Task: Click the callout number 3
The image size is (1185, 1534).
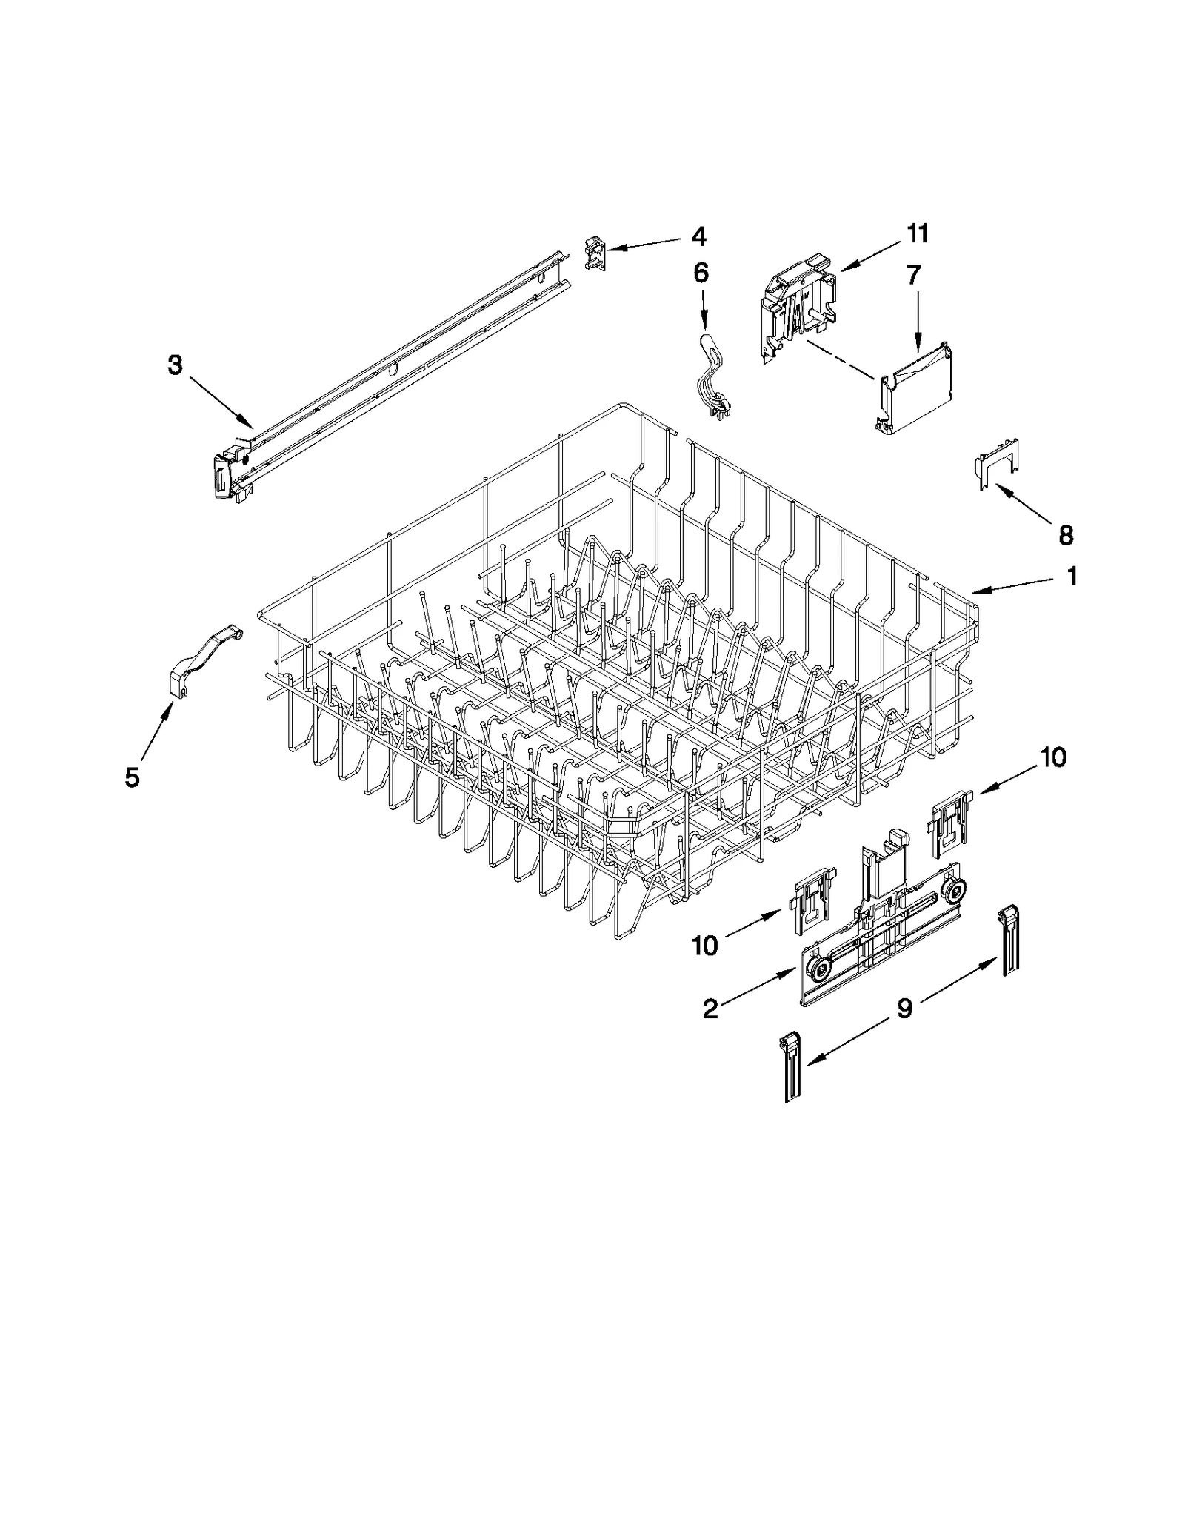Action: tap(175, 365)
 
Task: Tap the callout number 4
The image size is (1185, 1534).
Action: tap(698, 237)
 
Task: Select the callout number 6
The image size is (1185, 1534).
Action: tap(701, 273)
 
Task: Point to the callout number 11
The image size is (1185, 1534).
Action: tap(917, 234)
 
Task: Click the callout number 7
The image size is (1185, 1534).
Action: tap(914, 275)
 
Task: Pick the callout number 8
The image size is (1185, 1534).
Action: tap(1066, 534)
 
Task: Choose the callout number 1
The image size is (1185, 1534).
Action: tap(1072, 576)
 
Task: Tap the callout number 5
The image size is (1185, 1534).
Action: tap(132, 777)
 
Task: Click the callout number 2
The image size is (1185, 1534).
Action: tap(710, 1009)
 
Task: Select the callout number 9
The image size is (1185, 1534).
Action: tap(905, 1008)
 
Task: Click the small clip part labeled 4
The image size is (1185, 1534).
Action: tap(595, 253)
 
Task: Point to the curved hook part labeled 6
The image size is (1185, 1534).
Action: tap(709, 378)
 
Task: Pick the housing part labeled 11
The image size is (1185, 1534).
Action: tap(796, 311)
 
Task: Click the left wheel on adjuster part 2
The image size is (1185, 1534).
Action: tap(819, 969)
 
